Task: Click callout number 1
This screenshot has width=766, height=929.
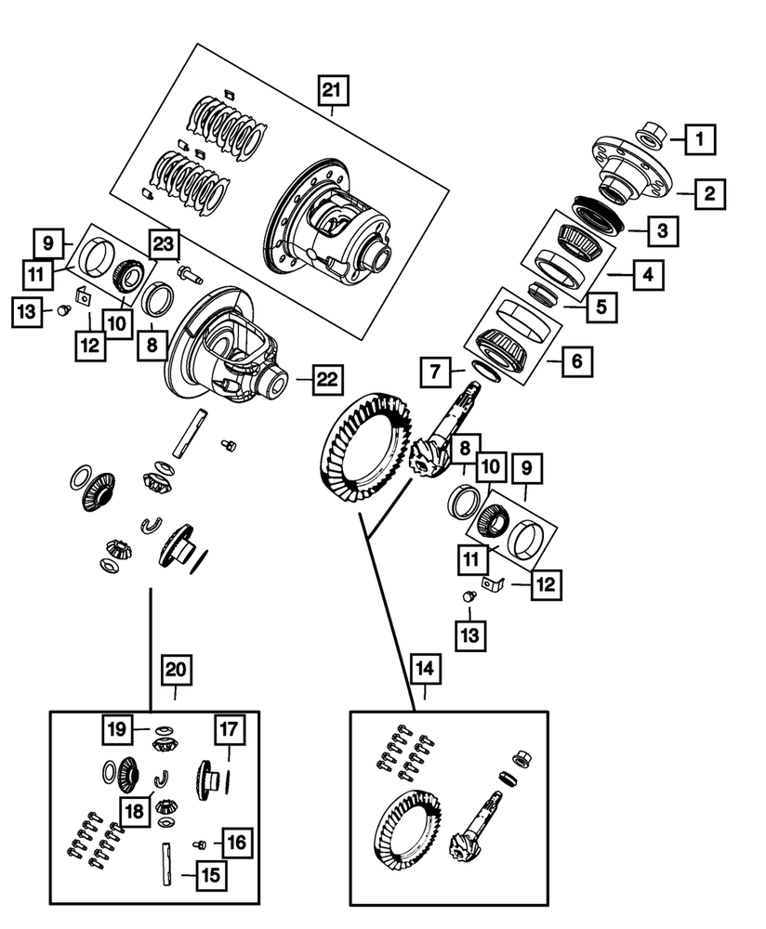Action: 701,141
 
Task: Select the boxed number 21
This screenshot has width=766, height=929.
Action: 331,90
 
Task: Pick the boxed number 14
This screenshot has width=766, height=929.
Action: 425,668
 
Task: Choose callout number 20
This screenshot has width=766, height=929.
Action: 176,668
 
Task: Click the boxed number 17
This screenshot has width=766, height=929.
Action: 229,729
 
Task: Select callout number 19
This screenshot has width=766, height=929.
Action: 116,729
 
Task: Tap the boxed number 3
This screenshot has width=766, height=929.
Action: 662,230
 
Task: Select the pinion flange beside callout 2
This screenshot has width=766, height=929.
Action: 629,170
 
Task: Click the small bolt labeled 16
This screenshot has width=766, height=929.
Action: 199,844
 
